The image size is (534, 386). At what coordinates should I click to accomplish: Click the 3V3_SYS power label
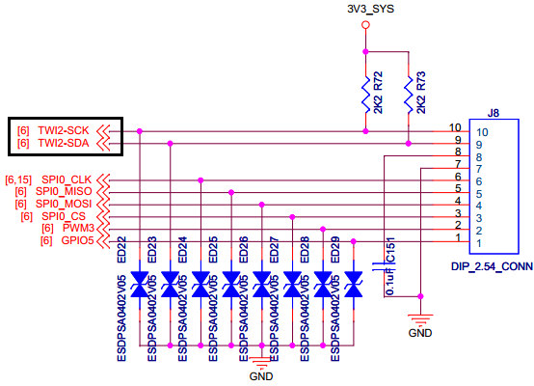pos(370,9)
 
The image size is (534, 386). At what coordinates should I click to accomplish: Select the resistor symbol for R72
pos(365,95)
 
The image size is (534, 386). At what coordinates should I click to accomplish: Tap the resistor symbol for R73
pos(409,95)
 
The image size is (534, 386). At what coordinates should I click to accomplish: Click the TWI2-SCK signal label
pos(64,130)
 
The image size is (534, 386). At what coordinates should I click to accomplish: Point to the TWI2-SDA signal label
pos(64,143)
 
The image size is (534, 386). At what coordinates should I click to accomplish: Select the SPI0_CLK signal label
pos(67,179)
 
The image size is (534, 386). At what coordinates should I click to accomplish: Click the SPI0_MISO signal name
pos(64,192)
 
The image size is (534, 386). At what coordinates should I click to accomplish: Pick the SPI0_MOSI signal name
pos(64,204)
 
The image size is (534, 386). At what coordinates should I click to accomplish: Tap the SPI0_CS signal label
pos(64,216)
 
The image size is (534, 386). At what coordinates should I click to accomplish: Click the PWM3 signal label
pos(78,228)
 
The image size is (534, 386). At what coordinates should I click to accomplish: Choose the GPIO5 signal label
pos(77,240)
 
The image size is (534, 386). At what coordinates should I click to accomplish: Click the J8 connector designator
pos(494,113)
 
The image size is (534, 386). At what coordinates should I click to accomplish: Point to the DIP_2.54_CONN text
pos(493,266)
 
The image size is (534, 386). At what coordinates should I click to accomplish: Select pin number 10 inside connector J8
pos(482,132)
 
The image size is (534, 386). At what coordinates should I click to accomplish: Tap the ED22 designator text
pos(121,250)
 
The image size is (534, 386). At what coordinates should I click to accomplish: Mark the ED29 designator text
pos(335,250)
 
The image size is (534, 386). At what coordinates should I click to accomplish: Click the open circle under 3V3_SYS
pos(365,25)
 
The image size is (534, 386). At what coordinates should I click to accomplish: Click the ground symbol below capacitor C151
pos(420,319)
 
